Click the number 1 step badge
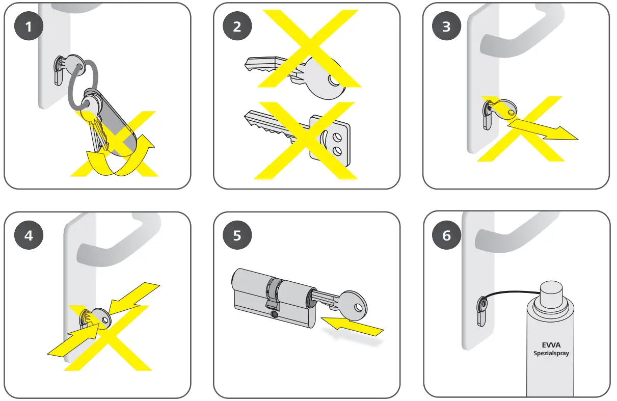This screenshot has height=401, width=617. [x=29, y=26]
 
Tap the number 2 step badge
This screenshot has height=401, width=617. [x=237, y=26]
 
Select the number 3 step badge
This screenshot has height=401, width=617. [x=446, y=26]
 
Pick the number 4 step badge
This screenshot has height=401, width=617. [x=29, y=235]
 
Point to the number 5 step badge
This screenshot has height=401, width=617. [x=237, y=235]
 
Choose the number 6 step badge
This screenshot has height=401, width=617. [x=446, y=235]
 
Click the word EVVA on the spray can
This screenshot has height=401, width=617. [x=551, y=345]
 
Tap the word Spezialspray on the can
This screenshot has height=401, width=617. [x=551, y=353]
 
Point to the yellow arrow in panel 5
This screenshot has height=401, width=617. [x=353, y=327]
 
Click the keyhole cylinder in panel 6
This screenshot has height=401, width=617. [x=482, y=311]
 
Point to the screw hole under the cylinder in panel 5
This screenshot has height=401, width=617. [x=274, y=314]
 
